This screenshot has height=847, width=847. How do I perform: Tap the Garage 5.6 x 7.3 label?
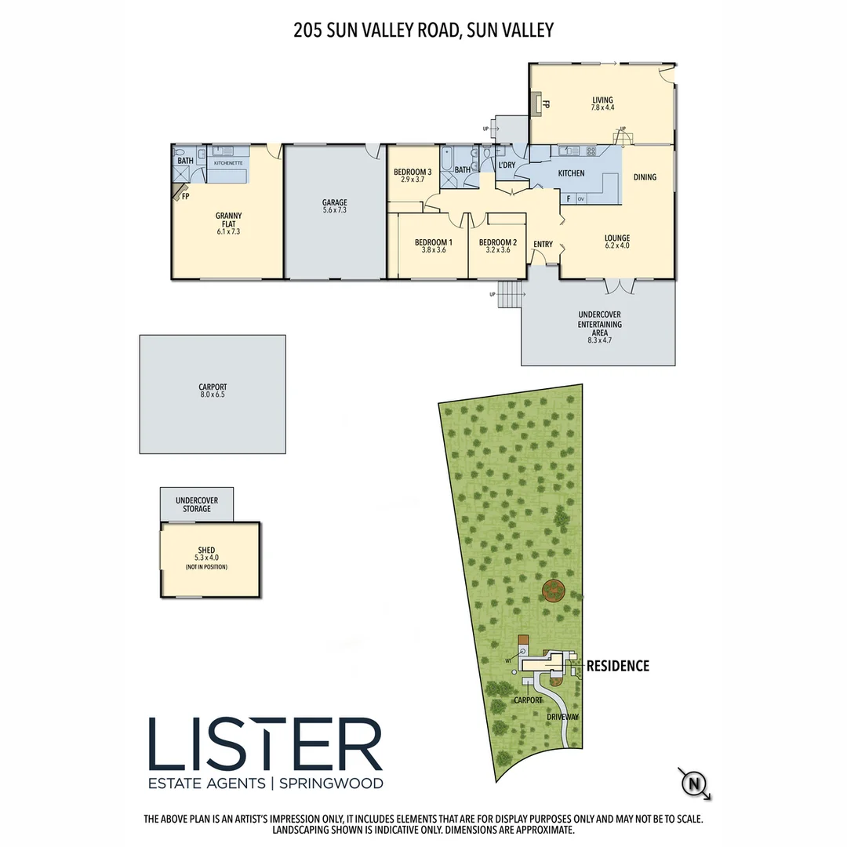tap(334, 206)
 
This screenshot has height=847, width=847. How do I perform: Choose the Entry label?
tap(543, 245)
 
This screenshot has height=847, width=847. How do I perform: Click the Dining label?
tap(645, 177)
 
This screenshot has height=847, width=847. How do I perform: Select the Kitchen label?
tap(571, 173)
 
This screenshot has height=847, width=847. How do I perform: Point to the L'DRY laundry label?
tap(507, 165)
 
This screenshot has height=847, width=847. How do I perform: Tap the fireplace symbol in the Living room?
tap(536, 103)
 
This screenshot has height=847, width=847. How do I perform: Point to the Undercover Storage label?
tap(197, 504)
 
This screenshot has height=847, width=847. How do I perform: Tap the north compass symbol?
tap(693, 783)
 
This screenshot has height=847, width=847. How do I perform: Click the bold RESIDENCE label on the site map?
tap(618, 666)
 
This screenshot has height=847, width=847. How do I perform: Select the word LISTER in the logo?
tap(265, 743)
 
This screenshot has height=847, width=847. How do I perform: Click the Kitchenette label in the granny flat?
tap(228, 163)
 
